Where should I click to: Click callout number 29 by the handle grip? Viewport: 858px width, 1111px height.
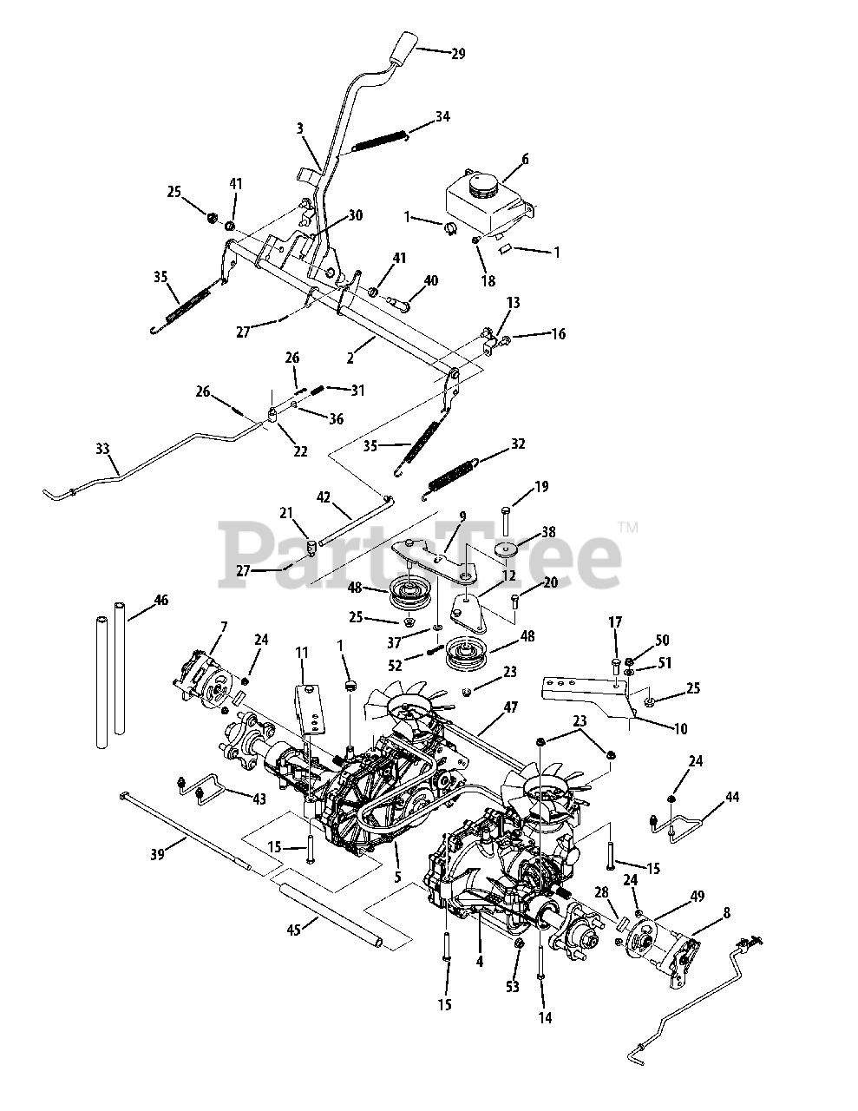(458, 54)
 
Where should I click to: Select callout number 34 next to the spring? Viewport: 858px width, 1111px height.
(442, 115)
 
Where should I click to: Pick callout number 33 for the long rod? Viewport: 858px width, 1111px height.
(102, 450)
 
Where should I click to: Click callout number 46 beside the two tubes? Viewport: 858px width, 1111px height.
(160, 601)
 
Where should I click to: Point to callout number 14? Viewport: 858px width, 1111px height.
(545, 1017)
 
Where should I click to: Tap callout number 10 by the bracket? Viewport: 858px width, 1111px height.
(679, 729)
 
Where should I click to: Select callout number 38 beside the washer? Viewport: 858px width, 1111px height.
(547, 531)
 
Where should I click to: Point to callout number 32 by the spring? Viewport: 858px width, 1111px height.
(518, 444)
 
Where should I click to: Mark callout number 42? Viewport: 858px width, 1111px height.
(324, 498)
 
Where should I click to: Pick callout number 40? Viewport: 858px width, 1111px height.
(430, 280)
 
